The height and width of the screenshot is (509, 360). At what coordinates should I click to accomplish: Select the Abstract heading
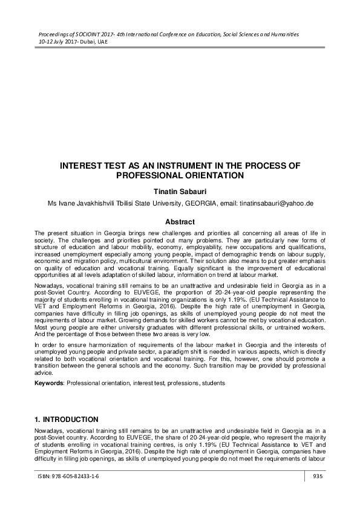click(180, 222)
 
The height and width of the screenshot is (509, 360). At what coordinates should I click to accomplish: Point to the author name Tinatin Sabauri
click(180, 191)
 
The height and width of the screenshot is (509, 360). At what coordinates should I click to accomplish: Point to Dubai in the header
click(88, 44)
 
